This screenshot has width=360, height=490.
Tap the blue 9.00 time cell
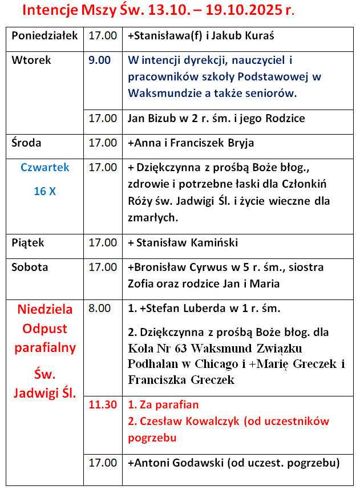click(100, 60)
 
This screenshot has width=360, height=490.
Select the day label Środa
click(26, 143)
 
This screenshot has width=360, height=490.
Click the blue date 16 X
click(45, 192)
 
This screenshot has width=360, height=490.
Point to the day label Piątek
click(28, 242)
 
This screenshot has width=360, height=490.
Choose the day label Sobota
click(30, 267)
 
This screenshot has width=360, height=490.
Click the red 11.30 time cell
click(103, 405)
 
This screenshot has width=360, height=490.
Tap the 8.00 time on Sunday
click(100, 309)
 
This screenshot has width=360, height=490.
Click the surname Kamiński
click(210, 242)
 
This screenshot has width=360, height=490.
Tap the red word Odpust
click(45, 329)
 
